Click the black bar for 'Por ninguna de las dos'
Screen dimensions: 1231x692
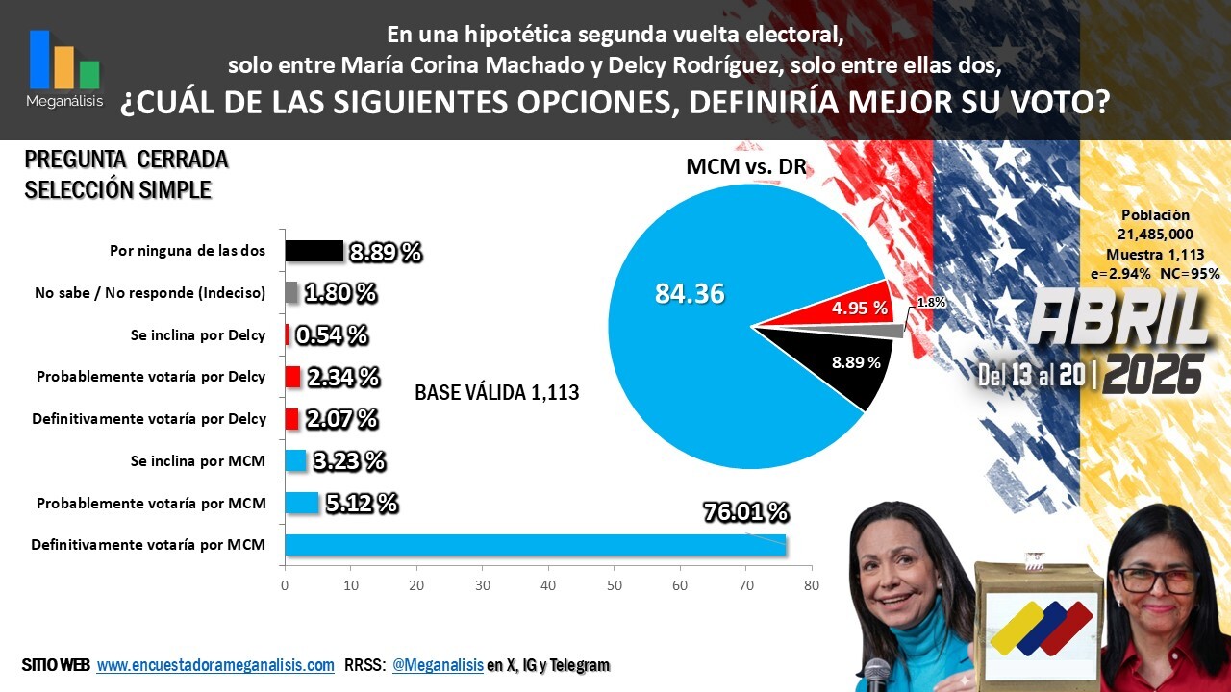pyautogui.click(x=314, y=251)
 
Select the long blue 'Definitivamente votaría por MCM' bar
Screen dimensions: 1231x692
pyautogui.click(x=536, y=545)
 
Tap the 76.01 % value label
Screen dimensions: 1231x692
pyautogui.click(x=745, y=512)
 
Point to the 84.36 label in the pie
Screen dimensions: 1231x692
pyautogui.click(x=690, y=293)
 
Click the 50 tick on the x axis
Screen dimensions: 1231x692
pyautogui.click(x=614, y=585)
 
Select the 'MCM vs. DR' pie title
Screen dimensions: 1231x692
pyautogui.click(x=746, y=166)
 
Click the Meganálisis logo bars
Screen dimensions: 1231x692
pyautogui.click(x=64, y=60)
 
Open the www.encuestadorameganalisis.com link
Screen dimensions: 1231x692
pyautogui.click(x=215, y=665)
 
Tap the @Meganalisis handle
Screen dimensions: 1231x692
pyautogui.click(x=438, y=665)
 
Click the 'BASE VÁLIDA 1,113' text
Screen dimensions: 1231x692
pyautogui.click(x=497, y=392)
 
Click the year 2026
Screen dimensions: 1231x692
pyautogui.click(x=1153, y=375)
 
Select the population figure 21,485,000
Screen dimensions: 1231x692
pyautogui.click(x=1155, y=234)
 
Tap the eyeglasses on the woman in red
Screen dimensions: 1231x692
pyautogui.click(x=1159, y=581)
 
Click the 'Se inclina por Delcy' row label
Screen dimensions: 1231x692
pyautogui.click(x=198, y=335)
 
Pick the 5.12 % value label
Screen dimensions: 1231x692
pyautogui.click(x=362, y=503)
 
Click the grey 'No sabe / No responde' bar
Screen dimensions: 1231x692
pyautogui.click(x=291, y=293)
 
